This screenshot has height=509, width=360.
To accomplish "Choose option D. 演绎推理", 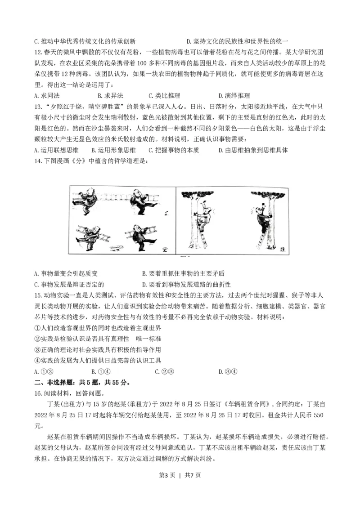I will coord(234,95).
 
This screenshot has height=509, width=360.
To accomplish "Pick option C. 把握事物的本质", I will coord(173,150).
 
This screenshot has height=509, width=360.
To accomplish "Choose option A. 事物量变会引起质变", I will coord(66,273).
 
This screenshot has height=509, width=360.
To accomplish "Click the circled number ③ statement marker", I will coord(37,349).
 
